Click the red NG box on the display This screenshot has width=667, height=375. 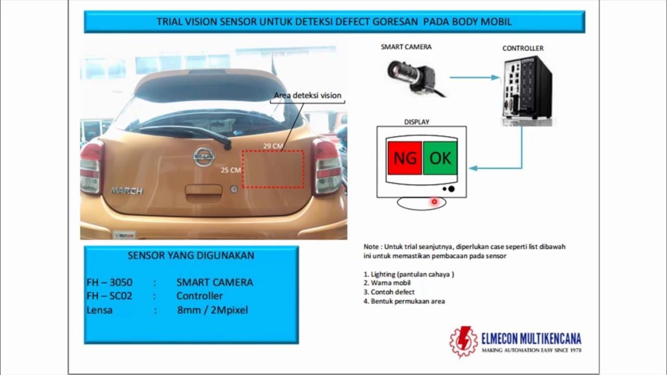click(x=404, y=158)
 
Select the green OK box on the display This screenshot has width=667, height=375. click(x=440, y=158)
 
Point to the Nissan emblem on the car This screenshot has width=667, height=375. click(x=204, y=156)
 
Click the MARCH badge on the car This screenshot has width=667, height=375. click(x=127, y=191)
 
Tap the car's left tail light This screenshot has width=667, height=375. click(x=92, y=167)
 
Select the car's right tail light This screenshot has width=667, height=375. click(x=326, y=167)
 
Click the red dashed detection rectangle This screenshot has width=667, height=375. click(x=273, y=169)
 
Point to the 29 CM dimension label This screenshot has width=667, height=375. click(x=273, y=146)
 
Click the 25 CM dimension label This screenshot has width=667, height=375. click(x=231, y=170)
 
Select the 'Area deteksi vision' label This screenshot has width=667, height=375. click(x=307, y=95)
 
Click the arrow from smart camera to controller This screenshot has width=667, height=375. click(x=474, y=78)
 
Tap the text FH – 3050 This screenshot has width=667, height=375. click(x=109, y=282)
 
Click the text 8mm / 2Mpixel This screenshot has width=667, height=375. click(x=212, y=310)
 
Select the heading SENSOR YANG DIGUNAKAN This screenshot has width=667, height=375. click(x=191, y=255)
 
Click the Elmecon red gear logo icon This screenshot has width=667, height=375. click(x=463, y=342)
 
